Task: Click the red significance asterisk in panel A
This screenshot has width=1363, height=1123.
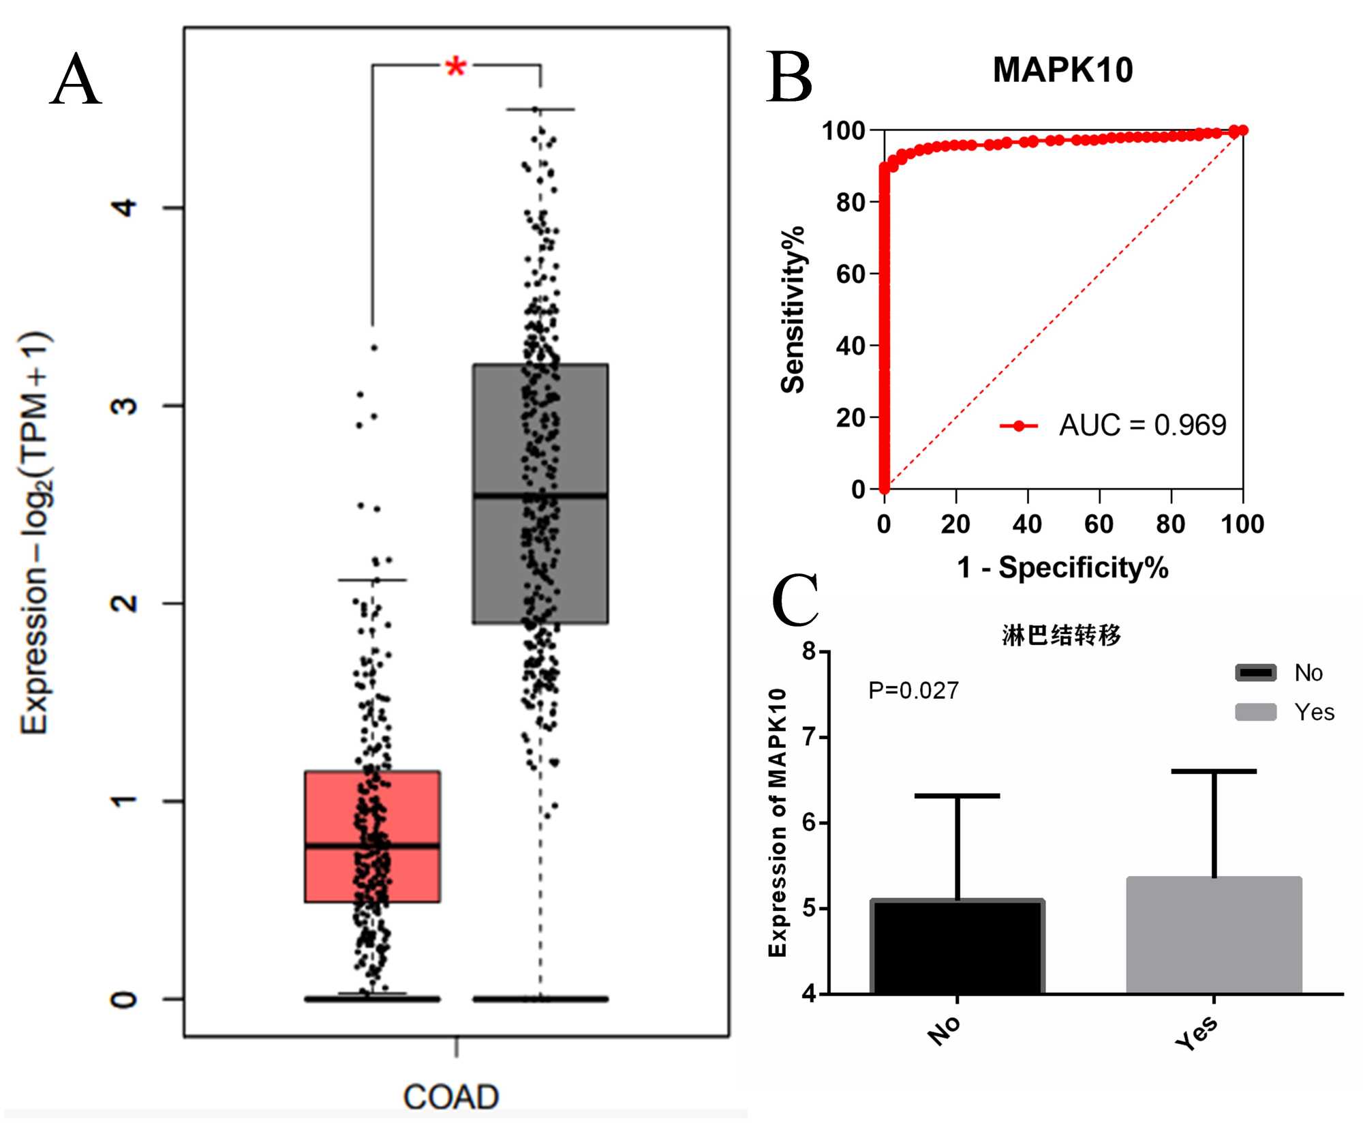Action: point(455,68)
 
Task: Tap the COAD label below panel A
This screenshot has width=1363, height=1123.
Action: point(451,1097)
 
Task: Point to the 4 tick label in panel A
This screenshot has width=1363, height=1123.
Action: point(125,207)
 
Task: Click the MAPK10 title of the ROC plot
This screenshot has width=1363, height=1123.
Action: point(1062,70)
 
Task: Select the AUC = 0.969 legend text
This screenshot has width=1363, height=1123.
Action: point(1142,425)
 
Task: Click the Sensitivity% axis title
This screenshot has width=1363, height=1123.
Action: point(793,310)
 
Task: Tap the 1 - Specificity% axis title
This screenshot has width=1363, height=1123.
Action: point(1062,567)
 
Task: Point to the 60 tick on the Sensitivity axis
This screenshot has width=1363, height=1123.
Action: point(851,274)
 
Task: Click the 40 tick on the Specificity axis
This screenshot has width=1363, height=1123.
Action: point(1027,524)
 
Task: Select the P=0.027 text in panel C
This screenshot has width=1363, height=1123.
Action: point(913,691)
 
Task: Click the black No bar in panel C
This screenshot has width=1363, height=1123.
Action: point(958,947)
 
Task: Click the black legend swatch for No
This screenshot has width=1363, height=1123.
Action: point(1255,673)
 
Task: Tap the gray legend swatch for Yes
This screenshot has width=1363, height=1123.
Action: point(1255,712)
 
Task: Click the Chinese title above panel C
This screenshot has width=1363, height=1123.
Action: point(1061,635)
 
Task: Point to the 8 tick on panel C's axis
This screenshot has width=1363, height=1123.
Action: point(809,651)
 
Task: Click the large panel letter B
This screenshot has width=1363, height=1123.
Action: point(789,78)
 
